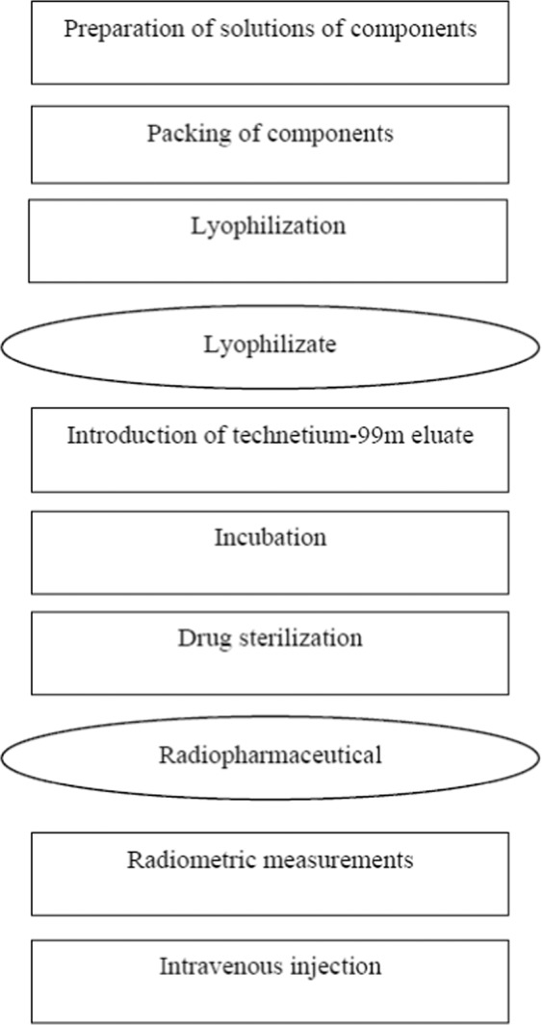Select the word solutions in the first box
tap(234, 29)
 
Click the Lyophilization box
tap(270, 241)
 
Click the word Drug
tap(199, 637)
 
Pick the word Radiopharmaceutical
tap(270, 755)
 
